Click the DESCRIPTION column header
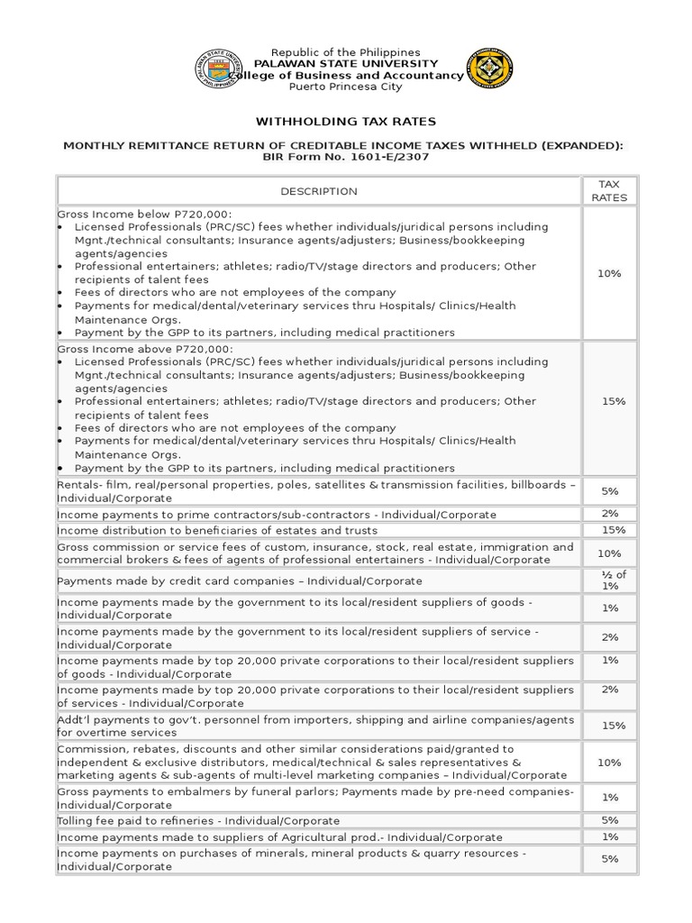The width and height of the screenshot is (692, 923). tap(319, 191)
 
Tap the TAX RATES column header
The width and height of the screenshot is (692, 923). tap(609, 190)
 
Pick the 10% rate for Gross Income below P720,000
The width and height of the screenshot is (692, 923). tap(609, 273)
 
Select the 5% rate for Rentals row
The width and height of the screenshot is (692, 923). tap(609, 491)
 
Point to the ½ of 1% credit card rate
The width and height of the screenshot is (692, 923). tap(609, 580)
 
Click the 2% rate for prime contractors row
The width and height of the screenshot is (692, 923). tap(609, 514)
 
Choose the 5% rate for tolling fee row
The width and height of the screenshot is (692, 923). tap(609, 820)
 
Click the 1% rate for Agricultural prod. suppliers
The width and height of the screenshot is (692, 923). tap(609, 837)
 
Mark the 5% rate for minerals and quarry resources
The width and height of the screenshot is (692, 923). tap(609, 859)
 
